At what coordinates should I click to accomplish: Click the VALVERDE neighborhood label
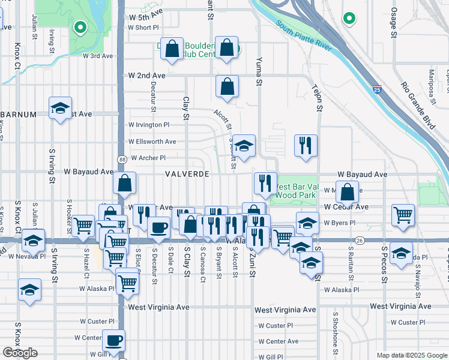(187, 174)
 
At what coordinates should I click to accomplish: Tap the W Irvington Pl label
(149, 125)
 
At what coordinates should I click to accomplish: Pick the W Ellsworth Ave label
(152, 142)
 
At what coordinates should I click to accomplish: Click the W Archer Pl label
(148, 158)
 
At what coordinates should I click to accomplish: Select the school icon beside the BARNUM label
(60, 109)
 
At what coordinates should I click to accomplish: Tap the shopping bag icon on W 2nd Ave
(227, 87)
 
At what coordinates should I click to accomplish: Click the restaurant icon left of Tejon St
(306, 146)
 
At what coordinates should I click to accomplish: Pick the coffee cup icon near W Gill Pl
(113, 341)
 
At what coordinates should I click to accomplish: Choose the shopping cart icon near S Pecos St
(403, 214)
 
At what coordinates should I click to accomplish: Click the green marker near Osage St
(349, 19)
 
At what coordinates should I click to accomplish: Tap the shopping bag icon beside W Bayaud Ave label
(125, 183)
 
